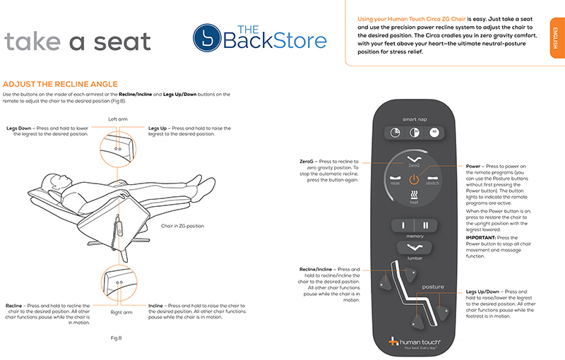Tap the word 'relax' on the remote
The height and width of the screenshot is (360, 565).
pos(395,182)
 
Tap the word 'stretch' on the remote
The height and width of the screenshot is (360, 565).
pos(434,182)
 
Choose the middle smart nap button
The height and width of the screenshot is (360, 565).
pos(415,133)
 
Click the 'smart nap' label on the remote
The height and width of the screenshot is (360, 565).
pos(415,120)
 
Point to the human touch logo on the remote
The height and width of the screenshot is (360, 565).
pos(414,343)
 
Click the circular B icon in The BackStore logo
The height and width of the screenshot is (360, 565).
pos(206,39)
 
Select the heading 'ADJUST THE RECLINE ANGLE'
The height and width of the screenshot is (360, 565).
pos(60,84)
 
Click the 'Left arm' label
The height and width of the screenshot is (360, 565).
pos(118,119)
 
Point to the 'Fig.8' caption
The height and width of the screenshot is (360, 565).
pos(117,338)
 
